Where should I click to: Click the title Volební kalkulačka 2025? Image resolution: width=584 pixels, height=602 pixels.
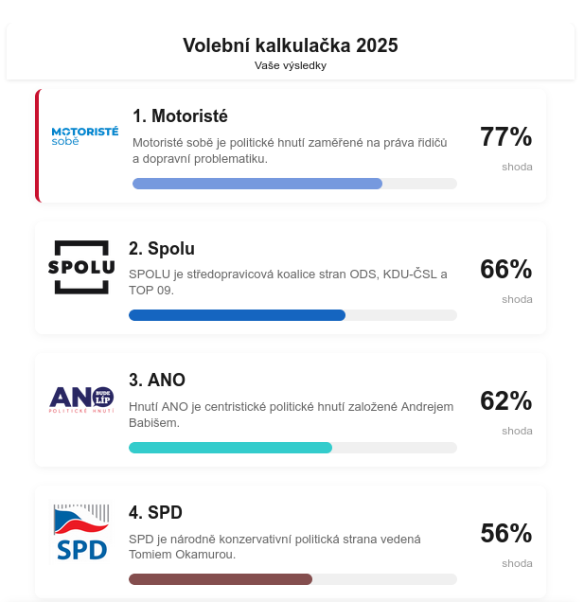point(290,45)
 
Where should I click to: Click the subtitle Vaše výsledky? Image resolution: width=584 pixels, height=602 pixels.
point(290,65)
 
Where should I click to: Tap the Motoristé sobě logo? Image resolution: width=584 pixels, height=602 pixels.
point(84,136)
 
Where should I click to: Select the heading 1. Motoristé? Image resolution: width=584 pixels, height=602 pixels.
point(180,116)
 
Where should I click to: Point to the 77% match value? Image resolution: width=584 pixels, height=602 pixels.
point(505,137)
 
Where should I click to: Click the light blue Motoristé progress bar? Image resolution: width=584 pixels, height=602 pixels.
point(257,184)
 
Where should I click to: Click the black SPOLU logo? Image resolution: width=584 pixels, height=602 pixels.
point(80,267)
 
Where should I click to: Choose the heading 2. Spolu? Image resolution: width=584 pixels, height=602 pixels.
point(162,249)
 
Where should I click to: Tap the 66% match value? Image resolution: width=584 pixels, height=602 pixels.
point(505,270)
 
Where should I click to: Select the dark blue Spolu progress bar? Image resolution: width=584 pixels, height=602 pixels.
point(237,315)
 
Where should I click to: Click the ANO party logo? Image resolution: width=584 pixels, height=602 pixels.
point(80,398)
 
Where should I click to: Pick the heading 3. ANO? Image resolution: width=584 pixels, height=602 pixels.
point(157,381)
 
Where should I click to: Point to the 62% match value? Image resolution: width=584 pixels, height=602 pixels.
point(505,401)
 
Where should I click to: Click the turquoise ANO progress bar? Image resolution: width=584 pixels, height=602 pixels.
point(230,448)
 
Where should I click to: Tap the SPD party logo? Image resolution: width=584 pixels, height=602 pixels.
point(80,532)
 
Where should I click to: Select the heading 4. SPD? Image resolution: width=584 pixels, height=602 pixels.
point(155,513)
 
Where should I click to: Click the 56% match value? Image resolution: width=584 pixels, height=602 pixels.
point(505,534)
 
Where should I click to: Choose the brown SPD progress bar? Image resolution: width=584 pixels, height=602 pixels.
point(221,579)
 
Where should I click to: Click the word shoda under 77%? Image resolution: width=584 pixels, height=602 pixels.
point(517,167)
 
